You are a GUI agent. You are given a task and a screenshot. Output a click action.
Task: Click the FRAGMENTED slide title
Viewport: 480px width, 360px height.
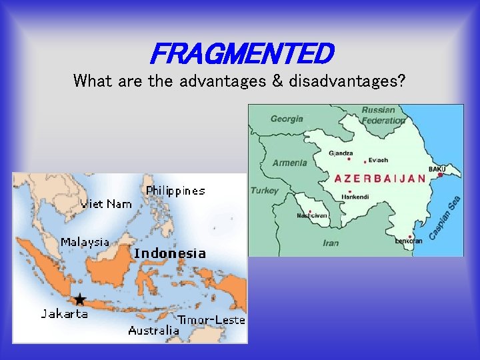(x=241, y=52)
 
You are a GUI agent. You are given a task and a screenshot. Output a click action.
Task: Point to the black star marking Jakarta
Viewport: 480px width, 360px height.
(x=80, y=299)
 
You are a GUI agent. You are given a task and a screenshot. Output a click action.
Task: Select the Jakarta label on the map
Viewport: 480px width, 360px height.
(x=64, y=313)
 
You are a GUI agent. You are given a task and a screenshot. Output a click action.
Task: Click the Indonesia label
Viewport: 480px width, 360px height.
(x=169, y=253)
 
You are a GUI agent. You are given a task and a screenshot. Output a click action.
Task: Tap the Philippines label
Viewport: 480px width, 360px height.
(x=175, y=191)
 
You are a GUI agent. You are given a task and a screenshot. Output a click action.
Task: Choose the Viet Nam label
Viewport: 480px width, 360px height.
(x=106, y=204)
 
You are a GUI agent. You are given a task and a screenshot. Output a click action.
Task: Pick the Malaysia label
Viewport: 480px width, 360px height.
(x=85, y=242)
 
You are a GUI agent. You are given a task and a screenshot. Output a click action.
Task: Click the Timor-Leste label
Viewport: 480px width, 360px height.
(x=211, y=320)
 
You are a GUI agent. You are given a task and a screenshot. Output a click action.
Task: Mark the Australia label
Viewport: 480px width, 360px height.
(x=153, y=331)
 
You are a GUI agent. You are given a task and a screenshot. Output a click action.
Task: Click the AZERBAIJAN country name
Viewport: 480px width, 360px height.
(x=379, y=179)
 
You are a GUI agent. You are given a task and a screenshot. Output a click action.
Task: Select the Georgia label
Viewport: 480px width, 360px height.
(x=287, y=119)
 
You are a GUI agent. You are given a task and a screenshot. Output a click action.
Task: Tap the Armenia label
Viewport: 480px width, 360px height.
(x=290, y=163)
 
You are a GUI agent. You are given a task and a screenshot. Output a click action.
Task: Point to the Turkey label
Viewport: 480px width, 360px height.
(x=265, y=191)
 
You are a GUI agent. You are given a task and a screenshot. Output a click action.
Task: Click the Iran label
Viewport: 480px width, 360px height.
(x=331, y=243)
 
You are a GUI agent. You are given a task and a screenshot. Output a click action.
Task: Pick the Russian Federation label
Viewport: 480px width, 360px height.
(x=383, y=115)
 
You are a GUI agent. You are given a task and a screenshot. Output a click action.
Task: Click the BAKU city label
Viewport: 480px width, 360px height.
(x=437, y=169)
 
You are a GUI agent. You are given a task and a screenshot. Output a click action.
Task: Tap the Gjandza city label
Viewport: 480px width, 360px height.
(x=341, y=153)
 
